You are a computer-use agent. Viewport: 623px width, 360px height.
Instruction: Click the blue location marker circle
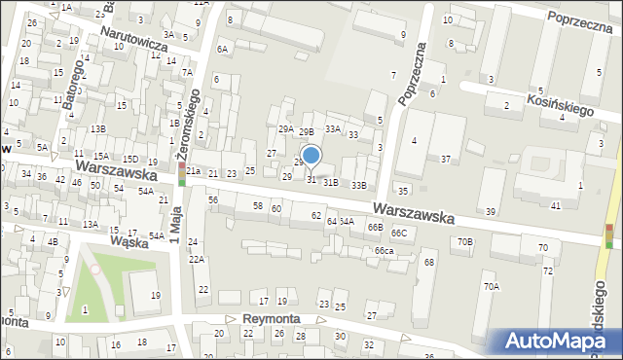pyautogui.click(x=311, y=155)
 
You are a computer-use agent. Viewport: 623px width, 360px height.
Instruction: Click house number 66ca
pyautogui.click(x=384, y=251)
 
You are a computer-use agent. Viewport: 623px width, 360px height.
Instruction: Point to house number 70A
pyautogui.click(x=492, y=286)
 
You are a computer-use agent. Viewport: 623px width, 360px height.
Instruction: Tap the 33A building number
pyautogui.click(x=333, y=128)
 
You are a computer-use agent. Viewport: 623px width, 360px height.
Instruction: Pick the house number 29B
pyautogui.click(x=306, y=131)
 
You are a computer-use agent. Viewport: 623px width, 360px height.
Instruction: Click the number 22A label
pyautogui.click(x=197, y=260)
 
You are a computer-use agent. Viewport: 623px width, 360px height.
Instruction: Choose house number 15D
pyautogui.click(x=129, y=159)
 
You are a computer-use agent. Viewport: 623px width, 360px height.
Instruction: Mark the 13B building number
pyautogui.click(x=97, y=128)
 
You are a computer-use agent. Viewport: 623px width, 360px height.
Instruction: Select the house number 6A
pyautogui.click(x=222, y=49)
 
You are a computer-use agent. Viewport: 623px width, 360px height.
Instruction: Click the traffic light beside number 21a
pyautogui.click(x=181, y=174)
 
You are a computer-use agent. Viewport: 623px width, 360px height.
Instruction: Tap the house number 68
pyautogui.click(x=428, y=263)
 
